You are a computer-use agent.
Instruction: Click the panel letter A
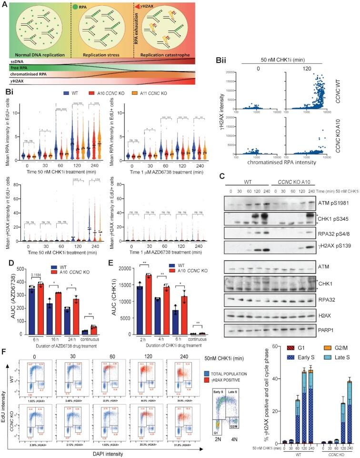(x=5, y=4)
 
